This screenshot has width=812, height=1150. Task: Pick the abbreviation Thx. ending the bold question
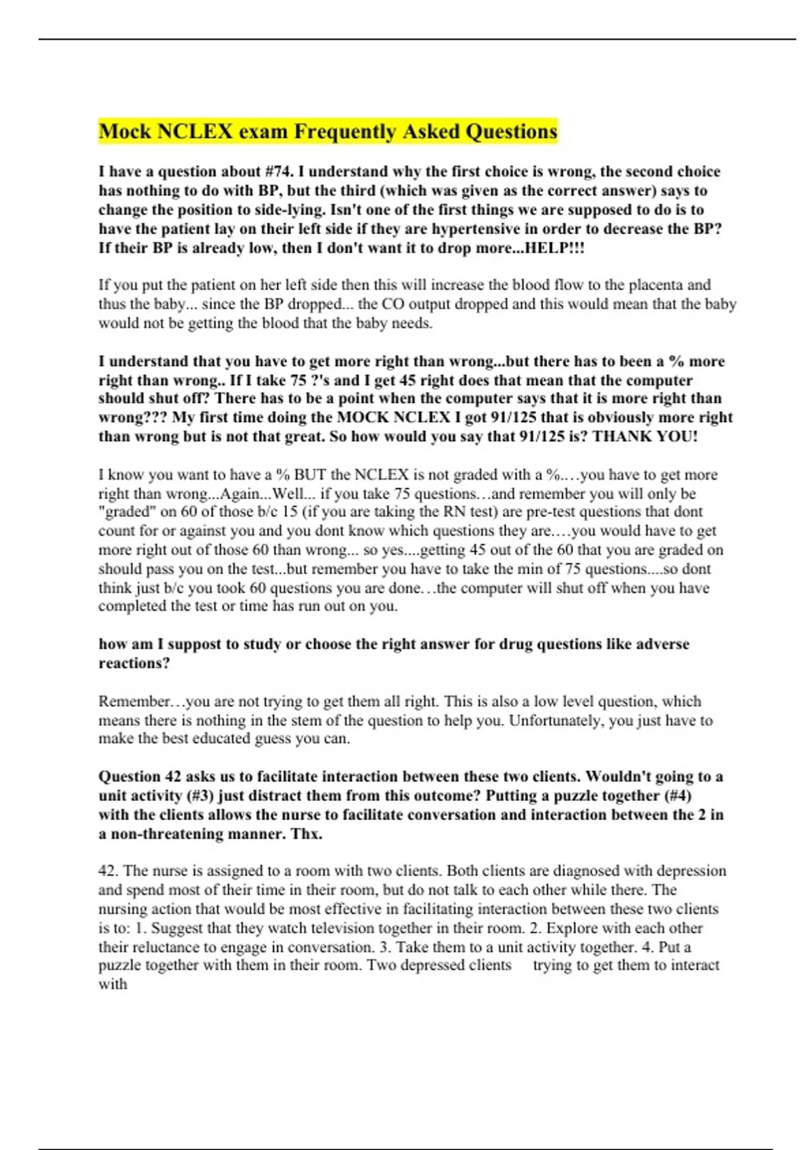pyautogui.click(x=304, y=834)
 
